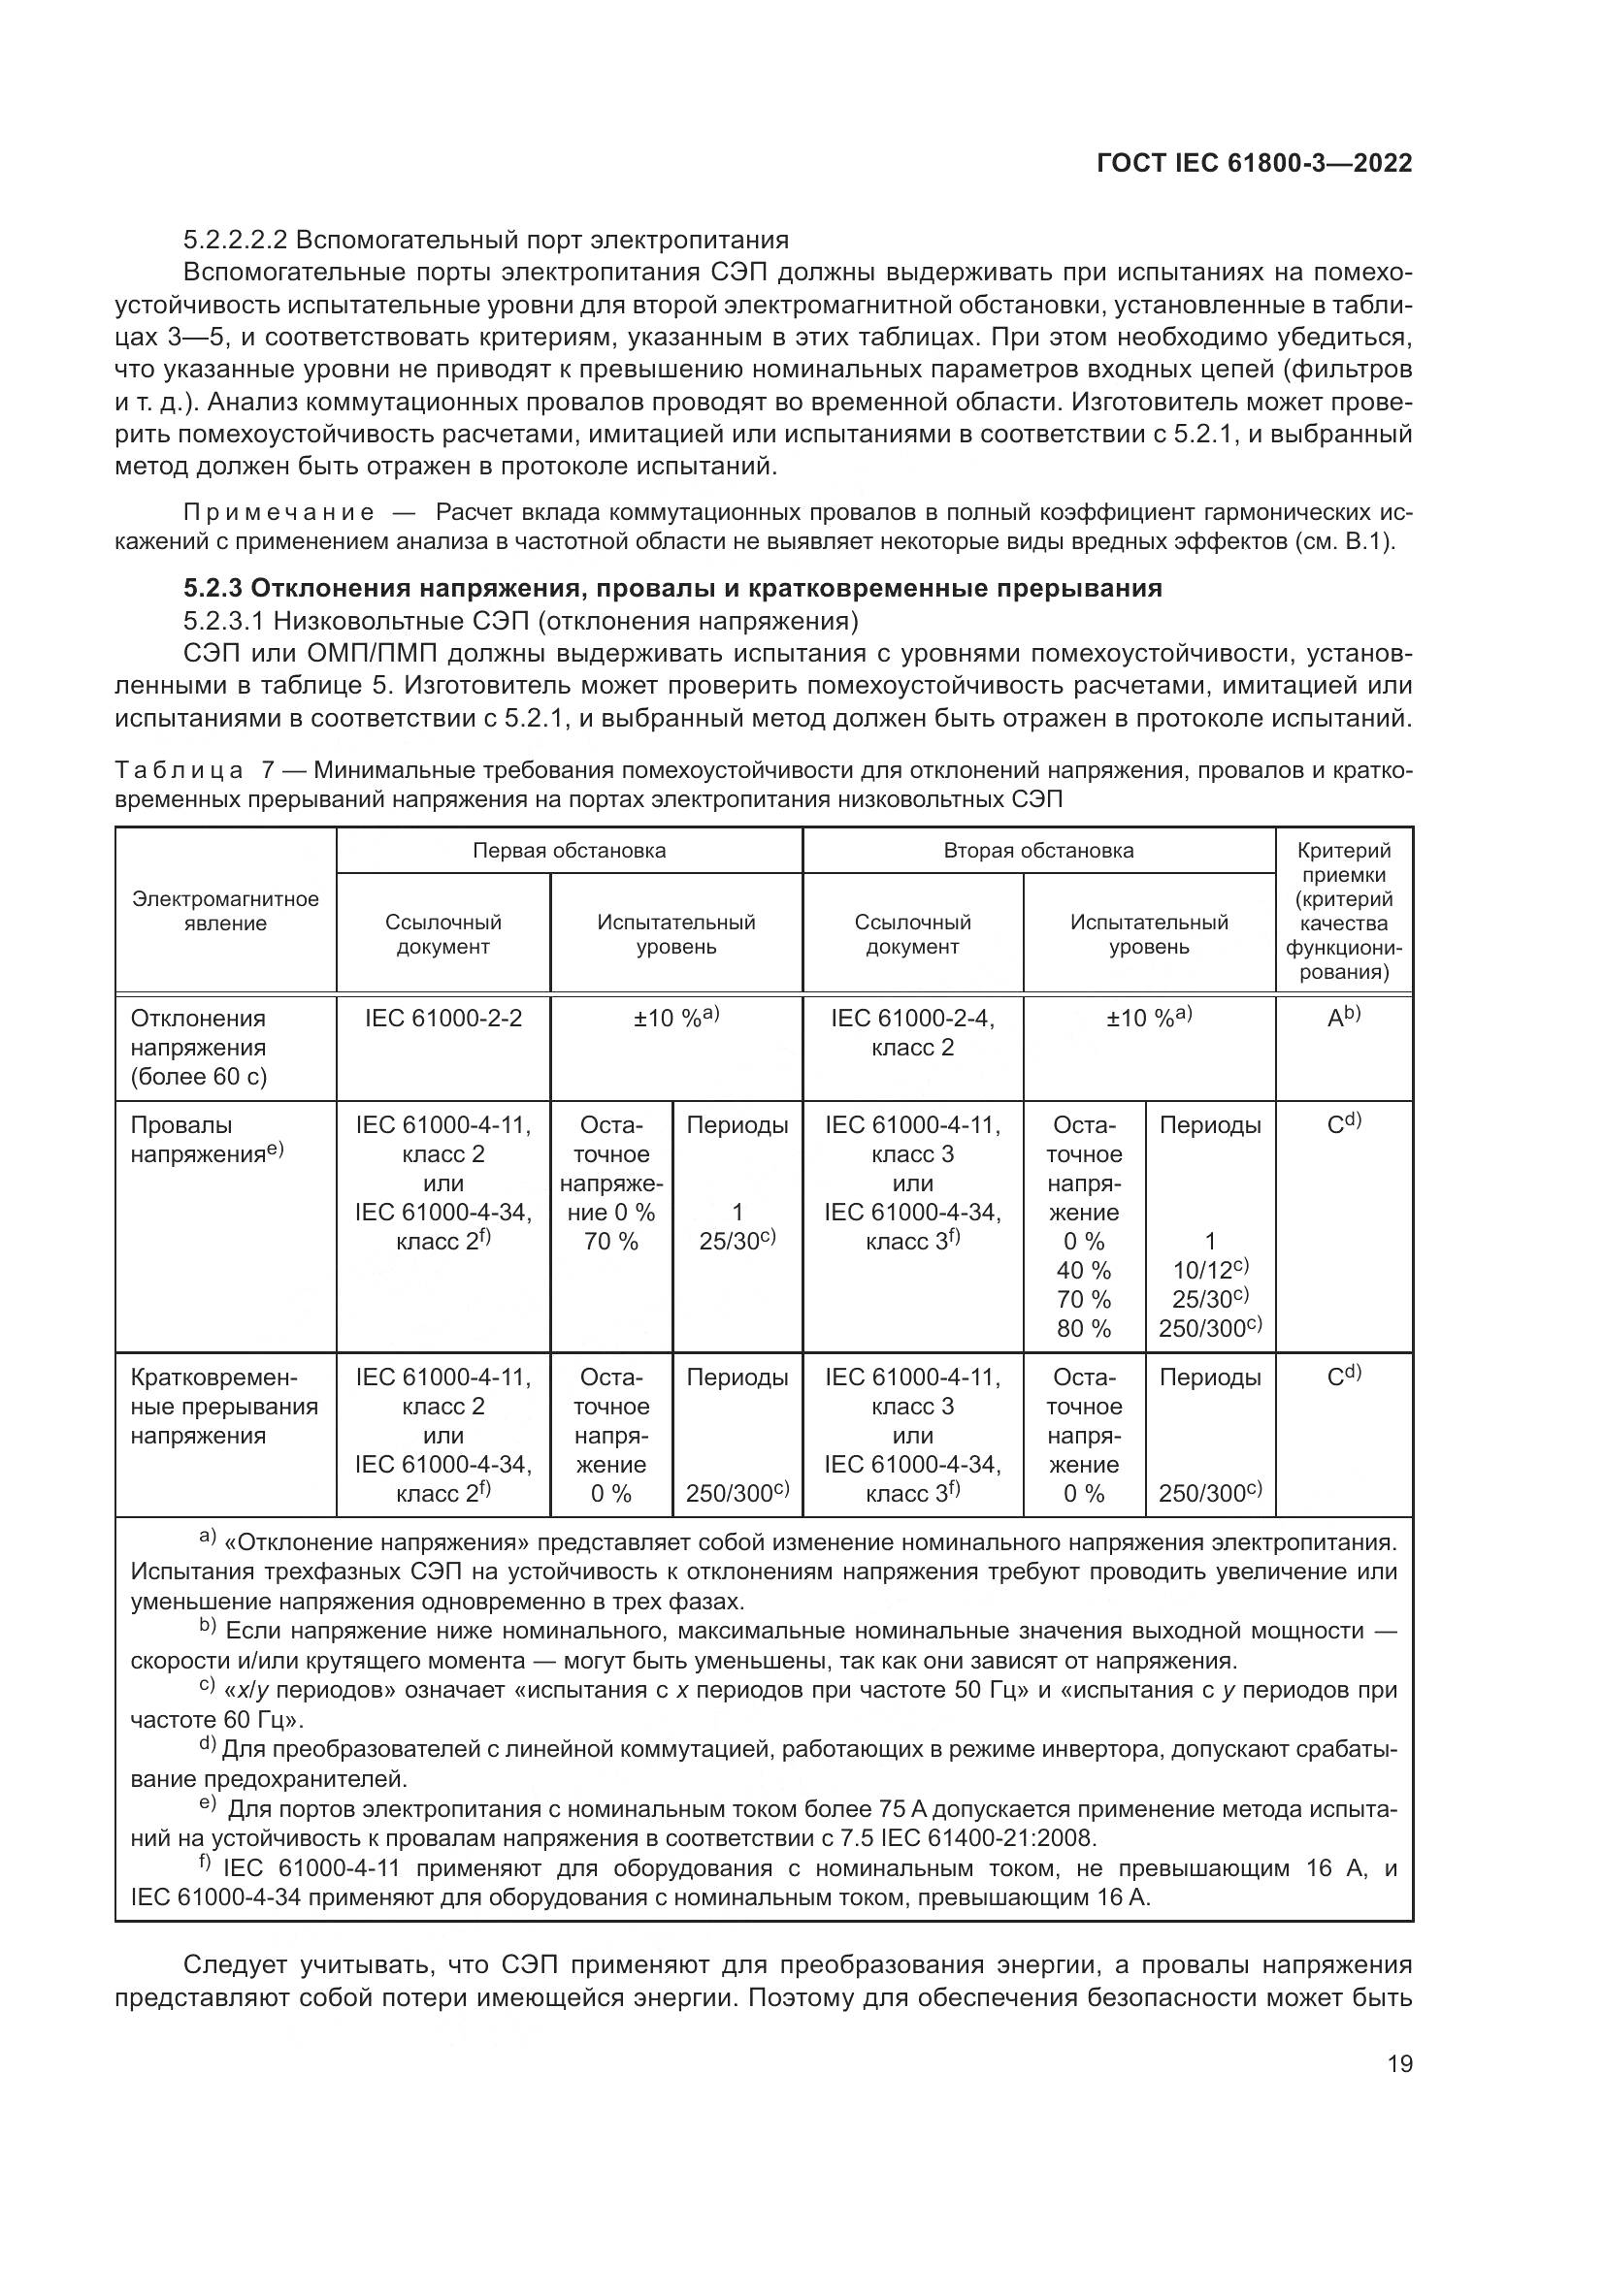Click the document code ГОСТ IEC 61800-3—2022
coord(1254,164)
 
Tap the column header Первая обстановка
coord(569,851)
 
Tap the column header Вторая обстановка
coord(1037,851)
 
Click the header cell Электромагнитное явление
coord(225,911)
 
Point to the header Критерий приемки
coord(1343,862)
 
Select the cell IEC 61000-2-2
coord(442,1018)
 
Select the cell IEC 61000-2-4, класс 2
coord(912,1033)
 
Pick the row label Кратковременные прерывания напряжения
coord(223,1407)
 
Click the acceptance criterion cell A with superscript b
coord(1343,1018)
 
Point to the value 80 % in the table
coord(1083,1328)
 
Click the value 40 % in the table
coord(1083,1270)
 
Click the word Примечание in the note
coord(278,513)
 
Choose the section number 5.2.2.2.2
coord(234,241)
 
